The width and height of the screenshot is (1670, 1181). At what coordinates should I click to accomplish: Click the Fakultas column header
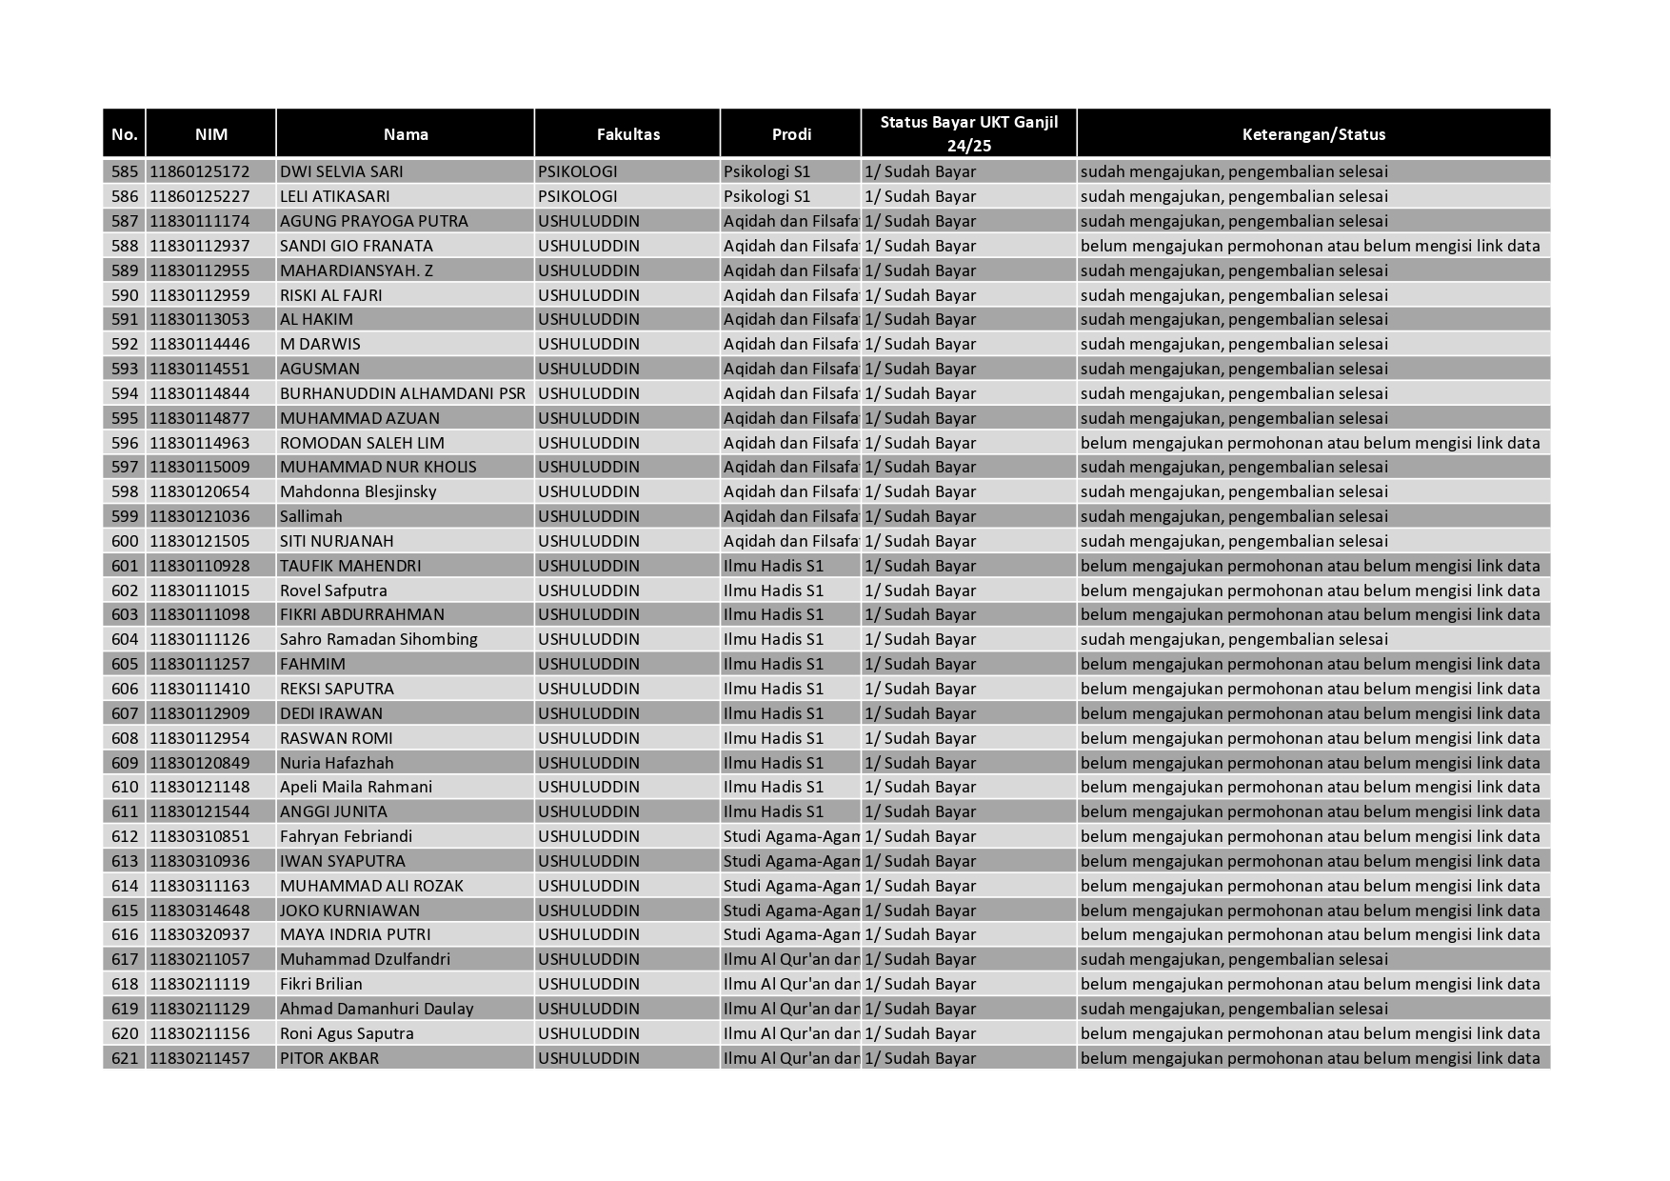[627, 134]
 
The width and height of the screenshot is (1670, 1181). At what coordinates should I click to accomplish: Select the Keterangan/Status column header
[1313, 134]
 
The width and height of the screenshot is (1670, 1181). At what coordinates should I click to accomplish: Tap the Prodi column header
[790, 134]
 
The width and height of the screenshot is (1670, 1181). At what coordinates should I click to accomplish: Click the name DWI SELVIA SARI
[341, 171]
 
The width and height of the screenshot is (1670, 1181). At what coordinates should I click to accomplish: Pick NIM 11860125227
[199, 196]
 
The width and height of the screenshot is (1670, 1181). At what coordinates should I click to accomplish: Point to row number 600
[125, 541]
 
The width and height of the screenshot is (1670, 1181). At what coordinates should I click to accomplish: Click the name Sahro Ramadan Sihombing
[378, 639]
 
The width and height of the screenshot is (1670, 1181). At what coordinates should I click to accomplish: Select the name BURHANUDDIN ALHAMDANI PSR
[402, 393]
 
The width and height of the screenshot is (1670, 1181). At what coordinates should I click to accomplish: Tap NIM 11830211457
[199, 1058]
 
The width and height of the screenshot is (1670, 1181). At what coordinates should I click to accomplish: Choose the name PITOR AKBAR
[328, 1058]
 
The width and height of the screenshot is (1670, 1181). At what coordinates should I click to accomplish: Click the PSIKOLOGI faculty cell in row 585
[577, 171]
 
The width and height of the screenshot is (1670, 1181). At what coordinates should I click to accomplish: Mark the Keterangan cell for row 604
[1234, 639]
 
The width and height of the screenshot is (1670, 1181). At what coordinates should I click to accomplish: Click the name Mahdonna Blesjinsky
[358, 491]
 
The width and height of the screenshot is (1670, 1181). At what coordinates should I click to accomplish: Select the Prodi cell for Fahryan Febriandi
[790, 836]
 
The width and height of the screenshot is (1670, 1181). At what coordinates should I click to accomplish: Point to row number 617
[125, 959]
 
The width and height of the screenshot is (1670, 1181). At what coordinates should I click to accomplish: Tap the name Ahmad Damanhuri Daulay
[376, 1009]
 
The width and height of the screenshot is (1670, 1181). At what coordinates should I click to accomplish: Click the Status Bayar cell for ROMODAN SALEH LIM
[920, 443]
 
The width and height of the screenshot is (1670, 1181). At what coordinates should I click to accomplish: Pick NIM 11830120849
[199, 763]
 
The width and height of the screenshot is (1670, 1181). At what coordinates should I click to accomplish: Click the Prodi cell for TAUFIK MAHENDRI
[773, 566]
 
